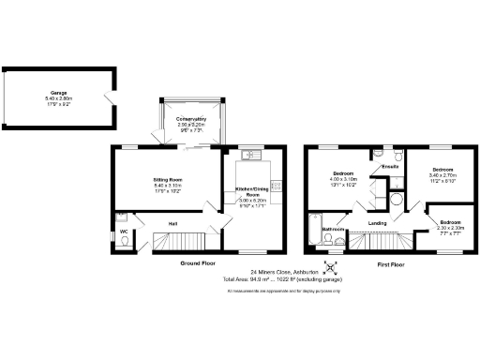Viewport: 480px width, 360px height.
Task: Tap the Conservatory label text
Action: click(191, 119)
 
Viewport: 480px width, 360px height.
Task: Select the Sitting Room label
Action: click(168, 178)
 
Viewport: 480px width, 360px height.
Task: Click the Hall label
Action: click(173, 223)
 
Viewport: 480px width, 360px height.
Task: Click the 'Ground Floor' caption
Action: click(200, 264)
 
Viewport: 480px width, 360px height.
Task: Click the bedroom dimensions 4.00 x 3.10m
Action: click(343, 180)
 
